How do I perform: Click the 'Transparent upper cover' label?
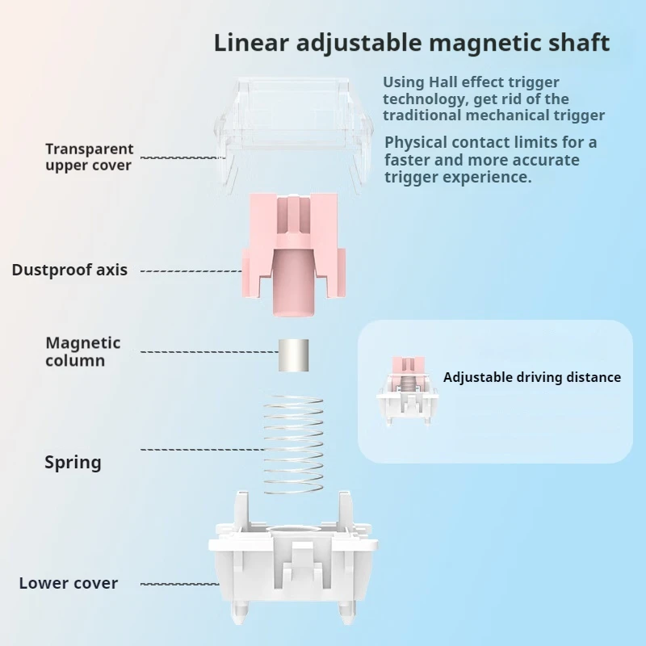tap(89, 157)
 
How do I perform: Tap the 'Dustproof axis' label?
tap(69, 271)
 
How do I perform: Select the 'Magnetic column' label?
tap(82, 351)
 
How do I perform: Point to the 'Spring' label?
tap(73, 463)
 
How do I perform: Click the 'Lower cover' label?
tap(69, 583)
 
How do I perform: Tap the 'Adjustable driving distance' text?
tap(532, 377)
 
